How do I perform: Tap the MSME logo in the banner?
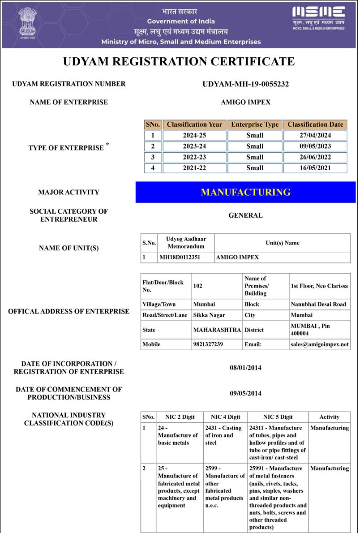[x=318, y=18]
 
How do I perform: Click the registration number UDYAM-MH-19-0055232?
[x=245, y=84]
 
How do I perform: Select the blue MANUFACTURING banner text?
[x=245, y=192]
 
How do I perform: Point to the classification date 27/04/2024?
[x=315, y=135]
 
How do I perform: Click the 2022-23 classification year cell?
[x=194, y=157]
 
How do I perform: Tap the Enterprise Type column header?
[x=254, y=125]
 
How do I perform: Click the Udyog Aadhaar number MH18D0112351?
[x=180, y=258]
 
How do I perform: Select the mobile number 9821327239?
[x=208, y=344]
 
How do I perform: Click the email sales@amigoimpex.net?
[x=319, y=344]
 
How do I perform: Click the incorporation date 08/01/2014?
[x=245, y=368]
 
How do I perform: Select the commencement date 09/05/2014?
[x=245, y=393]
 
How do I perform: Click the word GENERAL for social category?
[x=245, y=215]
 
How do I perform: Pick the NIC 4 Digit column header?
[x=225, y=417]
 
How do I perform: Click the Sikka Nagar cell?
[x=209, y=315]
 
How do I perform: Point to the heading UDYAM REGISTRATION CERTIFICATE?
[x=179, y=62]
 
